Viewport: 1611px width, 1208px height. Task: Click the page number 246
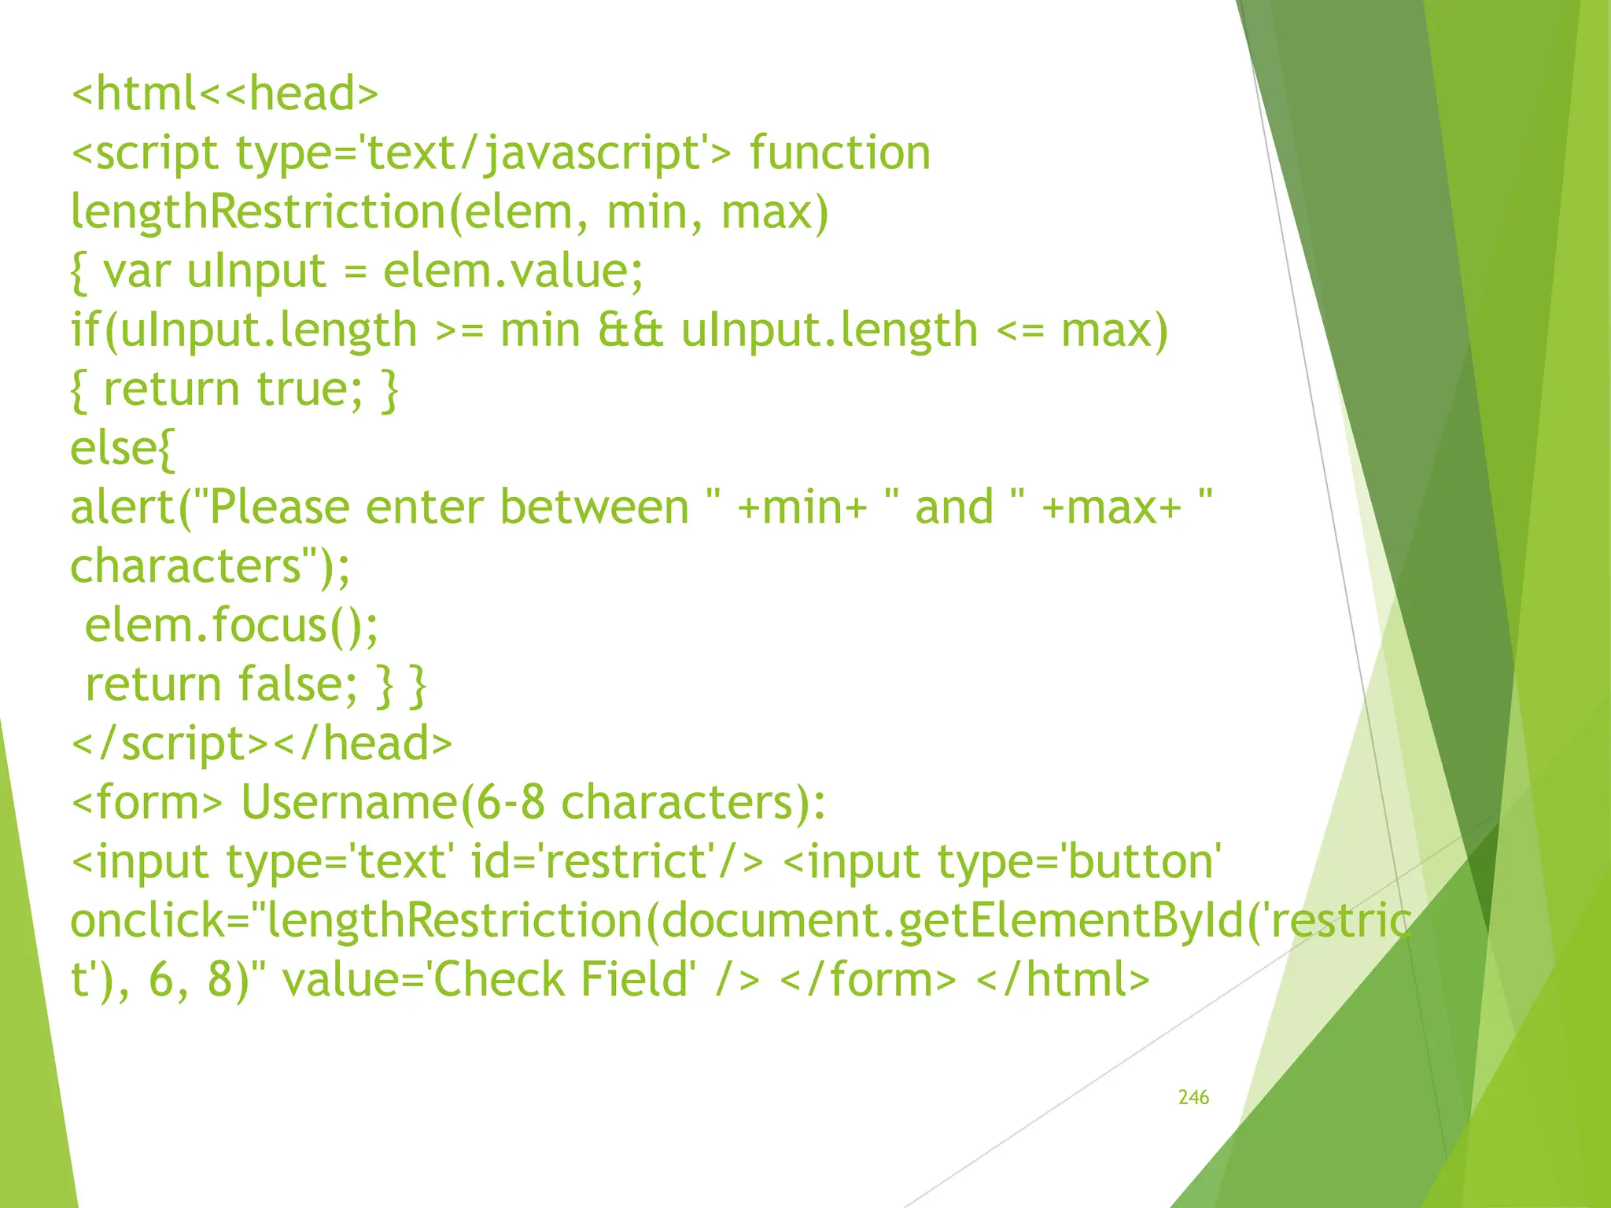(1193, 1097)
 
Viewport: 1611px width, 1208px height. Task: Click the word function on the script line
(839, 153)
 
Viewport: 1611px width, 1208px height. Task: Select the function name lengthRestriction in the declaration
(258, 212)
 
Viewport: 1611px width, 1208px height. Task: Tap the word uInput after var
(256, 271)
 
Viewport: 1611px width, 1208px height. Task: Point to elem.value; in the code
(513, 271)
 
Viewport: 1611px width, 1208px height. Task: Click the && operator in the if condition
(631, 330)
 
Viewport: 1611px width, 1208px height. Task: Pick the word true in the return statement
(303, 389)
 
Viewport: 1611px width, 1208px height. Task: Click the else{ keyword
(122, 448)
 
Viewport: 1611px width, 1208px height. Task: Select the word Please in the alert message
(279, 507)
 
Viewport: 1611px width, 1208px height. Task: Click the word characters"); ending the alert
(210, 566)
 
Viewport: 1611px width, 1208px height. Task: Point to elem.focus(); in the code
(231, 625)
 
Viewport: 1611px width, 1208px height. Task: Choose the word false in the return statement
(289, 684)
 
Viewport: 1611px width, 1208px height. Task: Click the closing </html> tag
(1063, 980)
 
